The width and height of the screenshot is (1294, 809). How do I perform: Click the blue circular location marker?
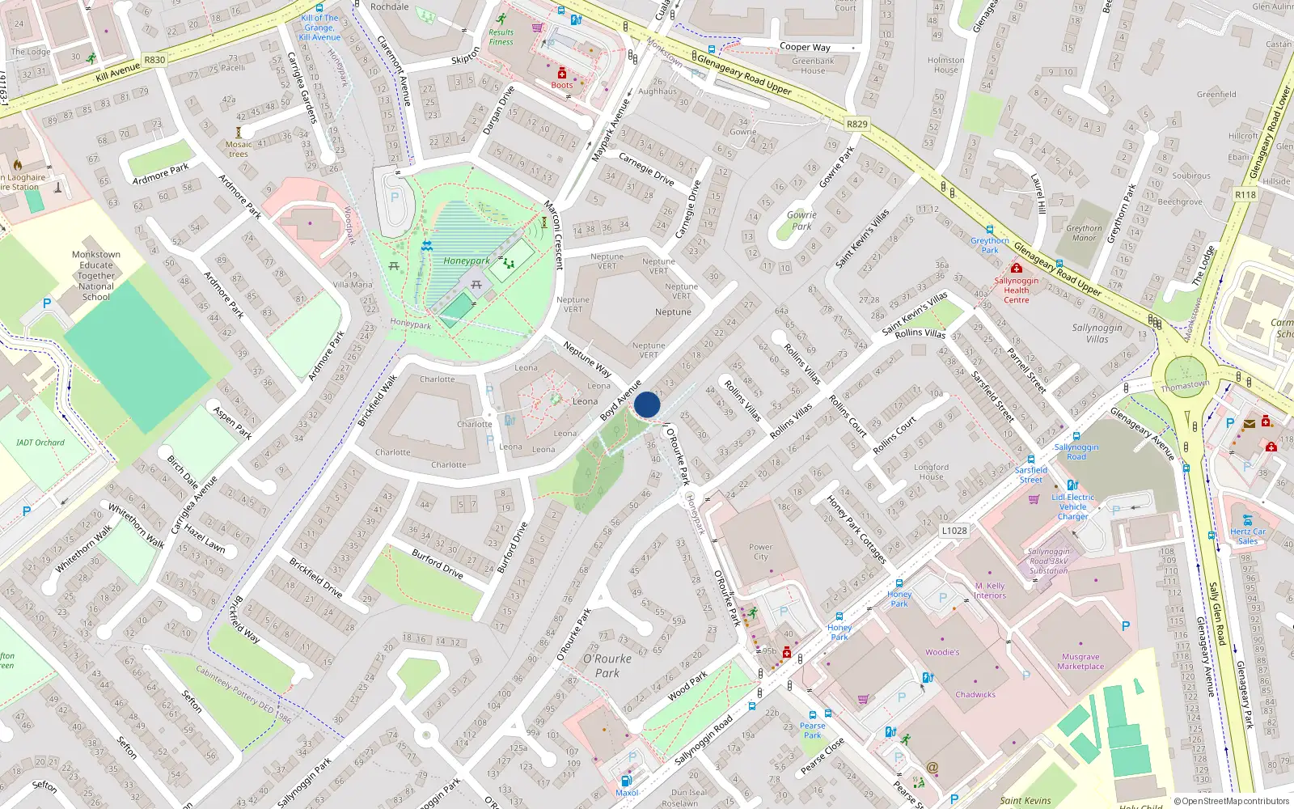click(647, 404)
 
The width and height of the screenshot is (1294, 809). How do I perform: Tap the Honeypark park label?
click(466, 260)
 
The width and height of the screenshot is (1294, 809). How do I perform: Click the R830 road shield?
click(154, 60)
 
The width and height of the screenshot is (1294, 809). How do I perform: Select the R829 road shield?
click(856, 124)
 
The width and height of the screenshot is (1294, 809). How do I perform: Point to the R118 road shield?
click(1245, 194)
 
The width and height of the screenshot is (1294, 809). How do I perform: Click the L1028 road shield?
click(954, 531)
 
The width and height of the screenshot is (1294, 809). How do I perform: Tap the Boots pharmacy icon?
click(562, 74)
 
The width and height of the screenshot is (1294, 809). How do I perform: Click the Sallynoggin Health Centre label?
click(1017, 290)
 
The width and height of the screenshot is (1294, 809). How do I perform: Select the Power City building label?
click(760, 552)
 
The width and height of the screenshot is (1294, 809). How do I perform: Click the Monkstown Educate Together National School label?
click(96, 275)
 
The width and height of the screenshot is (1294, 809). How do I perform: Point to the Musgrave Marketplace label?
click(1080, 662)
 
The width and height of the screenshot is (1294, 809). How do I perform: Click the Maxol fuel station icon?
click(625, 781)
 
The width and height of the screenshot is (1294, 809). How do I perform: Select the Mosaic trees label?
click(239, 149)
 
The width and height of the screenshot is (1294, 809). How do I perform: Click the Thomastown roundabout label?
click(1185, 386)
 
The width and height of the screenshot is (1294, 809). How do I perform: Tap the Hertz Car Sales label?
click(1248, 536)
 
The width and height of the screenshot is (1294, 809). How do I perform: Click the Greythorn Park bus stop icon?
click(990, 231)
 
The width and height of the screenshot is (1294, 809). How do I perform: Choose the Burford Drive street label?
click(438, 563)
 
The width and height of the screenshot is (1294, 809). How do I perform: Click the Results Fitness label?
click(501, 37)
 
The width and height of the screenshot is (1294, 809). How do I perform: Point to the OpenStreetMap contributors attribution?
click(1232, 801)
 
